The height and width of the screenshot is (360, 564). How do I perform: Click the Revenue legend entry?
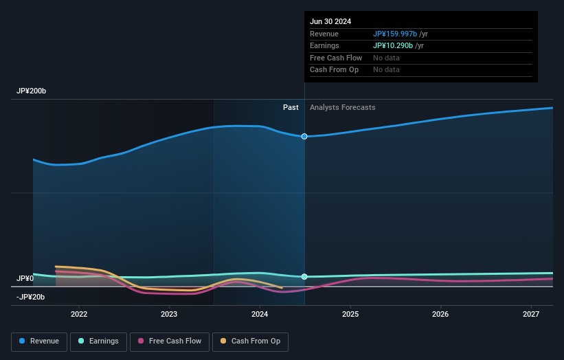point(39,341)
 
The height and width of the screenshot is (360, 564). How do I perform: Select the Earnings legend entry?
point(98,341)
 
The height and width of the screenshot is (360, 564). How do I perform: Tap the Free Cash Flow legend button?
point(170,341)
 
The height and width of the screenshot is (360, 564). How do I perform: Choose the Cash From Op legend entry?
point(251,341)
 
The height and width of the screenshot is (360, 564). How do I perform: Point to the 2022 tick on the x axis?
point(79,315)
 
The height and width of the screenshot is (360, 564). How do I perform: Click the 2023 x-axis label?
point(169,315)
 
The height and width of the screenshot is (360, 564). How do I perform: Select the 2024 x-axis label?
point(260,315)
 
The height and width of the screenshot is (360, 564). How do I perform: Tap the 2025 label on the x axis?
point(350,315)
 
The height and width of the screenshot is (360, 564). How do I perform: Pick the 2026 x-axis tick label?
point(440,315)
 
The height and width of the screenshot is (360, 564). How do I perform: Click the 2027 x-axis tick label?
point(531,315)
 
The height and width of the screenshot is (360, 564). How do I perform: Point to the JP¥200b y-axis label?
point(32,91)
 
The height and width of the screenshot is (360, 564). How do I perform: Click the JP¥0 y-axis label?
point(25,278)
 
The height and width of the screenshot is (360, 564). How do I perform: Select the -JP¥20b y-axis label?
point(30,297)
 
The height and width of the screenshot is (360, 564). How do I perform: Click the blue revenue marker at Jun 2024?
point(304,137)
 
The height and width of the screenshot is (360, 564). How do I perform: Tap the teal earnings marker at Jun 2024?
point(304,277)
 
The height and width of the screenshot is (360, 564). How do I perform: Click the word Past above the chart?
point(291,107)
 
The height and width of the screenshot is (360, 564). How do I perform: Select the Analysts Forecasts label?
point(343,107)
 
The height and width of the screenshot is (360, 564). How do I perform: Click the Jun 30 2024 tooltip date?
point(330,21)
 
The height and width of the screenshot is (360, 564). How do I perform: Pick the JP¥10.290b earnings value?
point(393,46)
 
